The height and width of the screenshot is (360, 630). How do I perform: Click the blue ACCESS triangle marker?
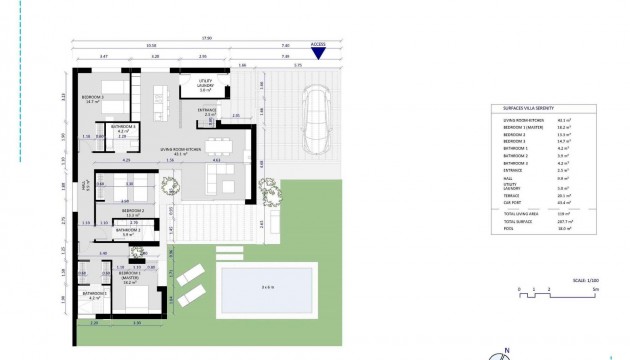click(x=318, y=52)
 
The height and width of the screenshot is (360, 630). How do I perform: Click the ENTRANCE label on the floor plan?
click(x=207, y=111)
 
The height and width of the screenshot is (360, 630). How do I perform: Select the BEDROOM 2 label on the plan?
click(x=133, y=212)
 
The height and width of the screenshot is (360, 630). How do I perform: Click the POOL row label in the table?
click(x=506, y=227)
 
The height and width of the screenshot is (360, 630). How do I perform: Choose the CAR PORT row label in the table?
click(x=510, y=201)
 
